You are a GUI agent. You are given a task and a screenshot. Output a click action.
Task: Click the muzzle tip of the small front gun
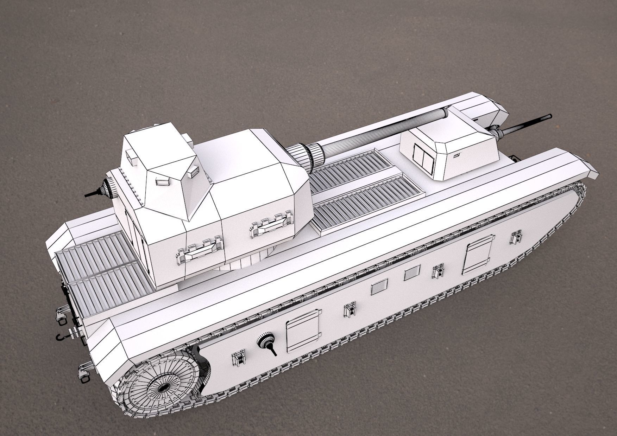point(550,116)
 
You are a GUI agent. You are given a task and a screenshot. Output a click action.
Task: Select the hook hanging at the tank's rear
point(61,337)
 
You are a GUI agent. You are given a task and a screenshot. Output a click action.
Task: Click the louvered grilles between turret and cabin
point(366,190)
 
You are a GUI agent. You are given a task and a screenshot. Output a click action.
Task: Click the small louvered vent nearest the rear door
point(380,286)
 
